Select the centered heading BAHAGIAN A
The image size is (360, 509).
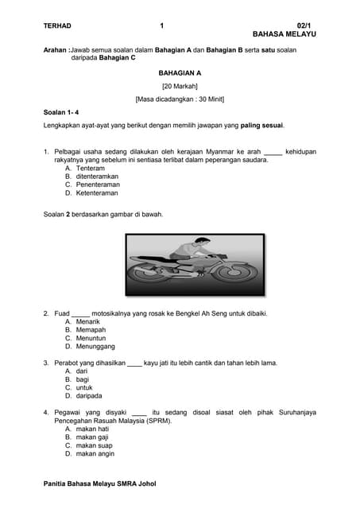(x=180, y=72)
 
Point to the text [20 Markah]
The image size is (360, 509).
(x=180, y=86)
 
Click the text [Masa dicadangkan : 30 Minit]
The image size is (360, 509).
(x=180, y=99)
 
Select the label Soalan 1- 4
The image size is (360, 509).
(x=61, y=112)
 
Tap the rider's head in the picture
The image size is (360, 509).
(x=201, y=244)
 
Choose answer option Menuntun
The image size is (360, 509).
(x=85, y=338)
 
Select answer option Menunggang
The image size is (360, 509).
(x=90, y=347)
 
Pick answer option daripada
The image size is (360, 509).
(x=83, y=395)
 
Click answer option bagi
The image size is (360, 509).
(x=77, y=379)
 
